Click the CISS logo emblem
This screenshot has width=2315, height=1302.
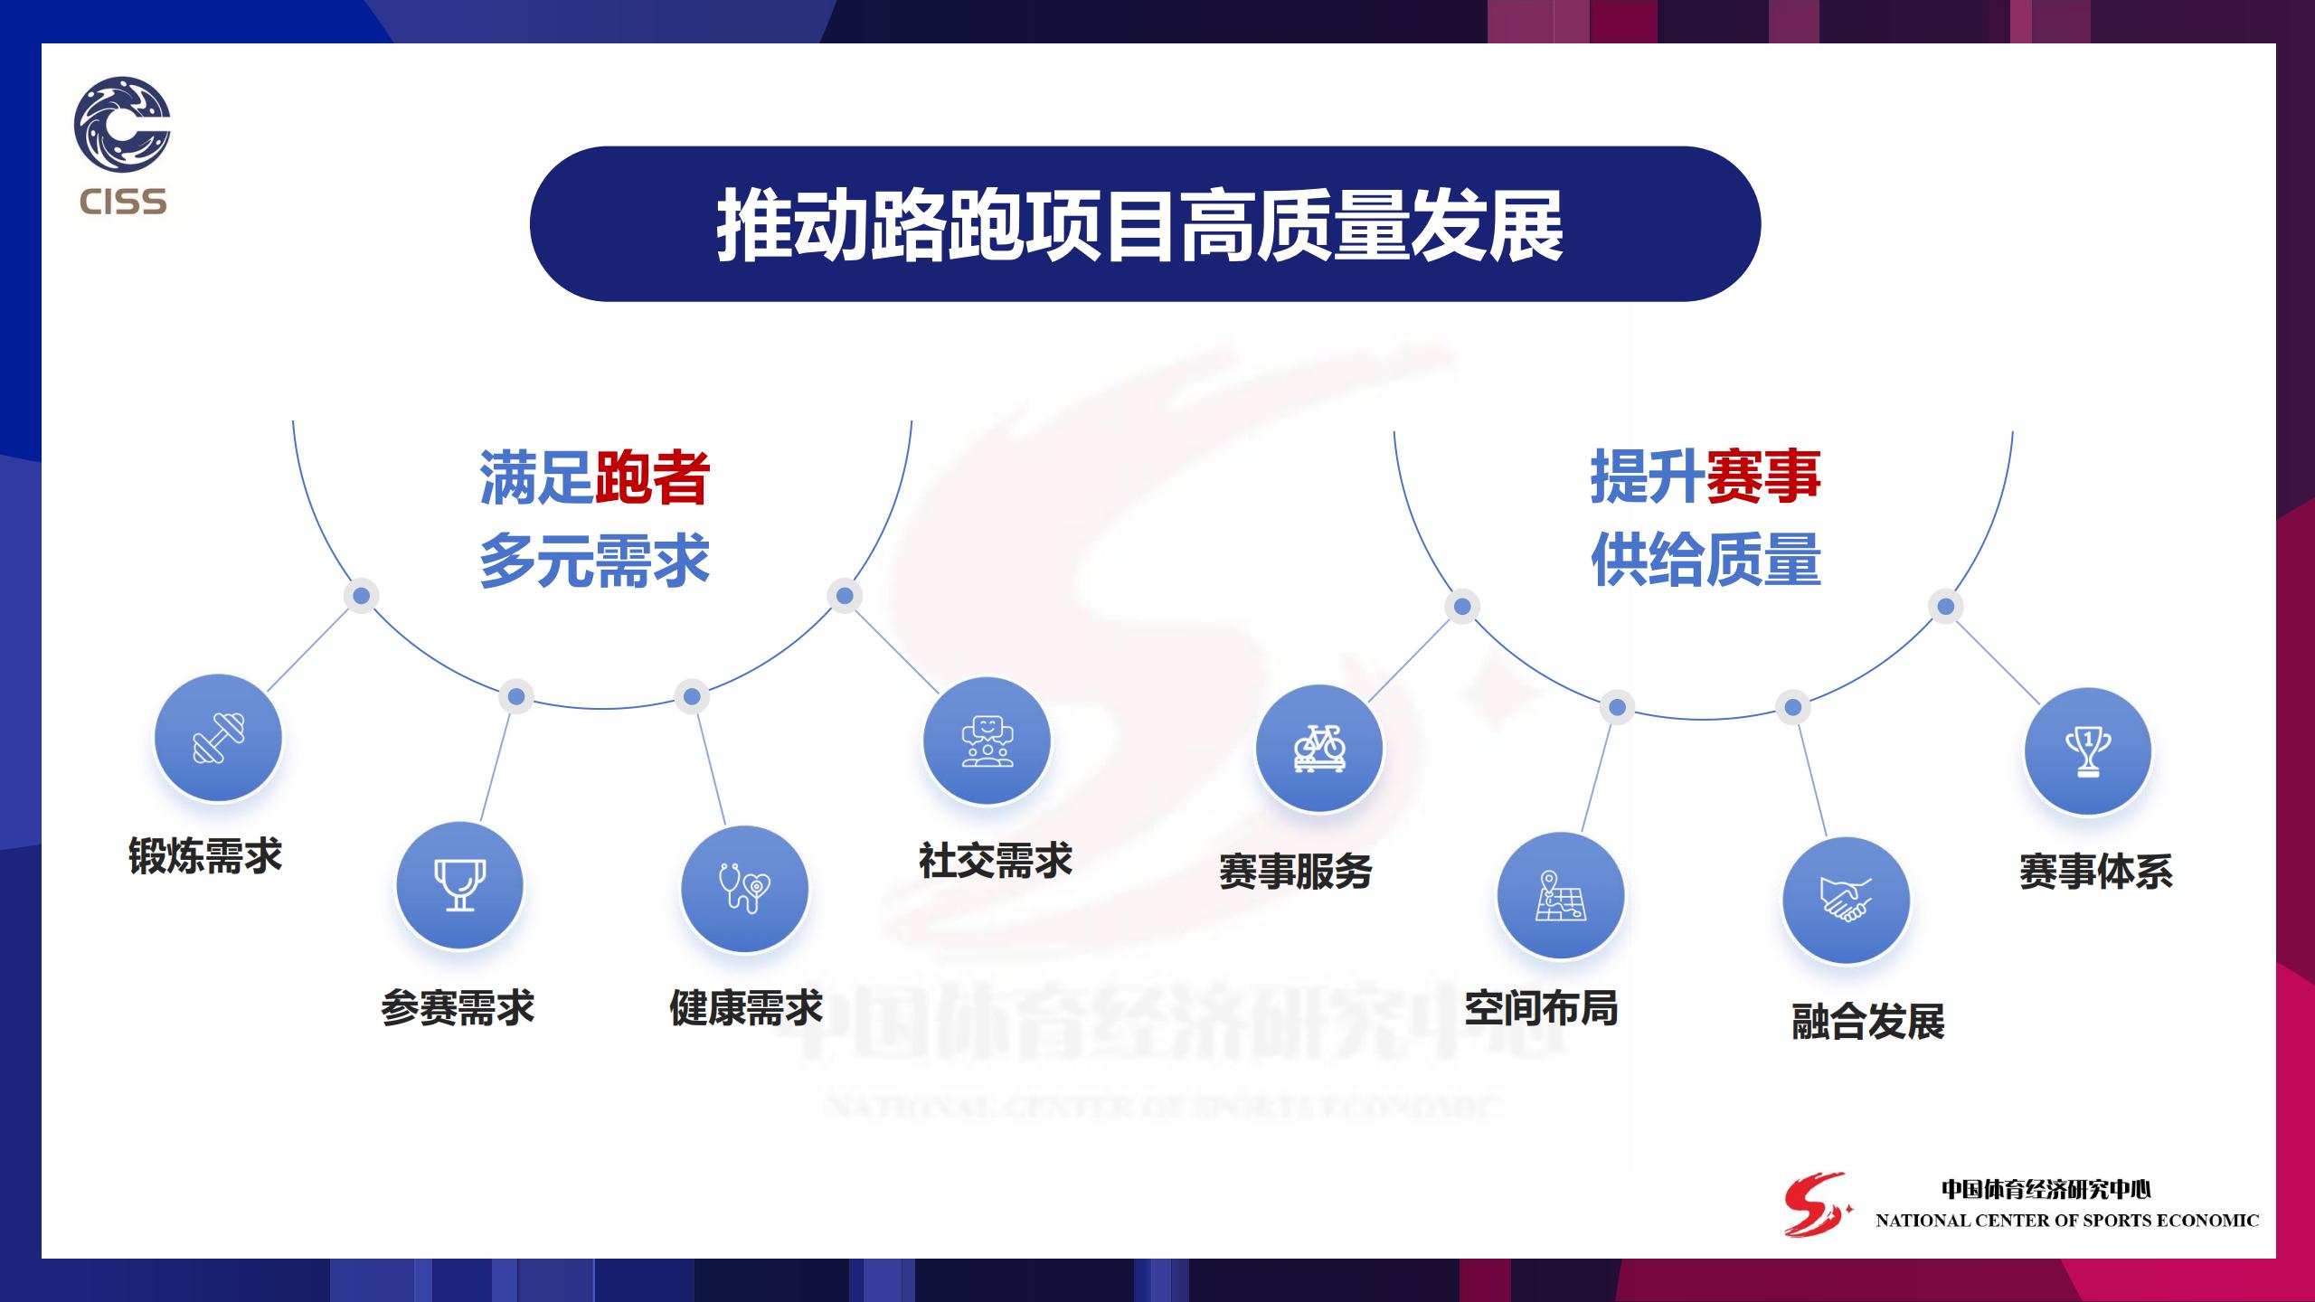click(122, 125)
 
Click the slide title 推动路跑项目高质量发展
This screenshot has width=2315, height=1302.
click(1140, 226)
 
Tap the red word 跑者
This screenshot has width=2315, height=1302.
click(652, 477)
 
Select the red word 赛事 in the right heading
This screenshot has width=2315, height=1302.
click(1763, 476)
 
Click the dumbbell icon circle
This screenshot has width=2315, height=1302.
click(218, 738)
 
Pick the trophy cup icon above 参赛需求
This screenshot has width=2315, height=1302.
click(459, 885)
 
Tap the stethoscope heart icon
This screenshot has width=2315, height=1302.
click(744, 889)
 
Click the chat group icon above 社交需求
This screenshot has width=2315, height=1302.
click(987, 741)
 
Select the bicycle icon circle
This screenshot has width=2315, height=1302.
click(1319, 749)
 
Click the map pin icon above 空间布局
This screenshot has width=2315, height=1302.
click(1561, 896)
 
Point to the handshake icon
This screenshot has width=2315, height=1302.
click(1846, 901)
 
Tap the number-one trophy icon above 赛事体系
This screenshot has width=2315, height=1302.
click(2088, 751)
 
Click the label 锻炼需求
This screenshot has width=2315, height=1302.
click(205, 856)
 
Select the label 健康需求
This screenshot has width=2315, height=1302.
click(746, 1007)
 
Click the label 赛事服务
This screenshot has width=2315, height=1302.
click(1296, 872)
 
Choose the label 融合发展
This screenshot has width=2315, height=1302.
click(1868, 1022)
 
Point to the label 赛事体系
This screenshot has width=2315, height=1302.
click(2096, 872)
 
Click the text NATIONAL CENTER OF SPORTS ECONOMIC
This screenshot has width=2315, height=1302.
click(2067, 1221)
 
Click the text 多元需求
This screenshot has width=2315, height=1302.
click(594, 561)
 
